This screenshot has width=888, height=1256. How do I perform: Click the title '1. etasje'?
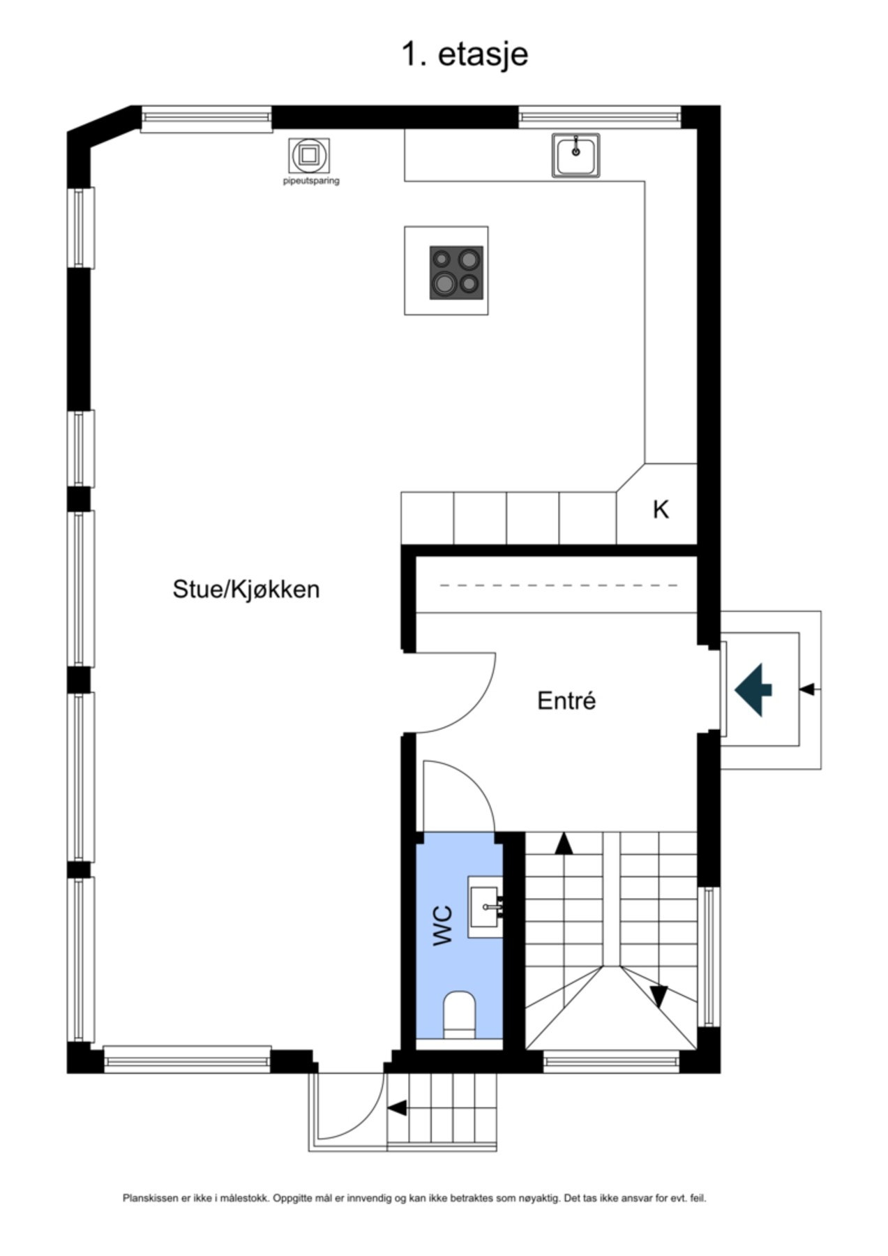tap(464, 54)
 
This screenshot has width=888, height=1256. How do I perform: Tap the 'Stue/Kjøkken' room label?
tap(246, 589)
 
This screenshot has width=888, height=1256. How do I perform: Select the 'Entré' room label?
tap(566, 701)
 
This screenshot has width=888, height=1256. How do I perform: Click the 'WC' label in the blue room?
tap(443, 925)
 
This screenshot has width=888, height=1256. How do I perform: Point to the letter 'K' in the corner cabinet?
tap(660, 510)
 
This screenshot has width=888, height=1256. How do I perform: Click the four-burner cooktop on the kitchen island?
tap(456, 272)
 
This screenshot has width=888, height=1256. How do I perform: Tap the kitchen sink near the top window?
tap(575, 155)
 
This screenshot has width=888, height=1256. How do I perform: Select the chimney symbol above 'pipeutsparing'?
tap(309, 155)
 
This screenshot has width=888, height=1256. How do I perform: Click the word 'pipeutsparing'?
tap(311, 181)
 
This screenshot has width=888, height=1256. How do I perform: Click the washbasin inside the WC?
tap(484, 906)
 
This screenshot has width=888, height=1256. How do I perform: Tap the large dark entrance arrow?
tap(753, 690)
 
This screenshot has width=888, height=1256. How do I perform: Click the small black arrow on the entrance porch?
tap(807, 689)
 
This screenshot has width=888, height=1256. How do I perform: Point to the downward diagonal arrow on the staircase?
tap(659, 996)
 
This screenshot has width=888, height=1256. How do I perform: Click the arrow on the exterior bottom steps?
tap(397, 1107)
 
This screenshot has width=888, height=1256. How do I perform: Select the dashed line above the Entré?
tap(558, 585)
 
